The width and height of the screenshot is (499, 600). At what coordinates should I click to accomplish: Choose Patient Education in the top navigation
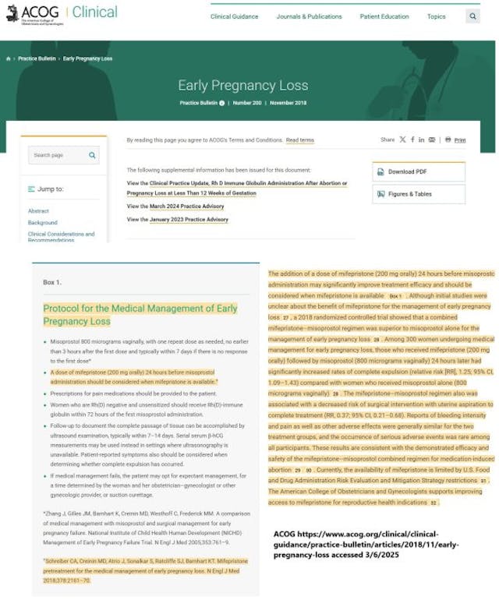(x=384, y=16)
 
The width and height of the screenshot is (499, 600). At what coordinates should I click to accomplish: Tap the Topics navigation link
(x=436, y=16)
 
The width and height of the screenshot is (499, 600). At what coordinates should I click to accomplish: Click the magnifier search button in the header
(x=473, y=16)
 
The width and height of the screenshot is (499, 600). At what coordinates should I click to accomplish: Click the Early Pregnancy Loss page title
(x=242, y=86)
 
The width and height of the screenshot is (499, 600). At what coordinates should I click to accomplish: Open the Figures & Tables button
(x=418, y=194)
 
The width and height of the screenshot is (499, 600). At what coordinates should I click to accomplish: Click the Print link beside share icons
(x=460, y=140)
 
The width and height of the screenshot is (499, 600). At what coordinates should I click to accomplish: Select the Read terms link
(x=300, y=140)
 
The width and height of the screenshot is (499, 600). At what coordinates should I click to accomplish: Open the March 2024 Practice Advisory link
(x=186, y=206)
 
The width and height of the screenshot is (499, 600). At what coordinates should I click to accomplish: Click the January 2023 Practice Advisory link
(x=189, y=220)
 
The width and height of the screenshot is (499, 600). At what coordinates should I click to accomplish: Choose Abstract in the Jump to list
(x=38, y=211)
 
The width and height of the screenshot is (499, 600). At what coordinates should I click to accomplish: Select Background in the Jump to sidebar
(x=42, y=223)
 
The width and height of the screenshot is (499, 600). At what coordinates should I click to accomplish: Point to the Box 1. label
(x=51, y=282)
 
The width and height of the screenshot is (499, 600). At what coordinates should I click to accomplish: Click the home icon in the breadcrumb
(x=9, y=59)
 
